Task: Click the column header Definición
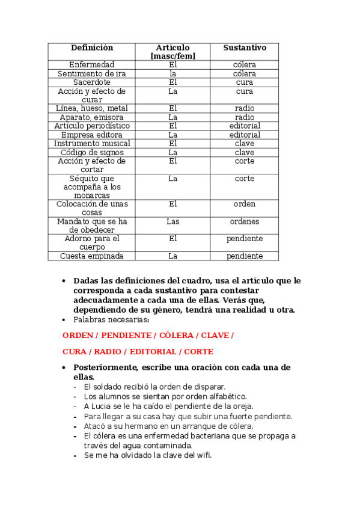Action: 92,48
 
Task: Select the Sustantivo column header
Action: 245,48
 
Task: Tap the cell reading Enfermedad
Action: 92,64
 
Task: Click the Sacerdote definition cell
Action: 92,82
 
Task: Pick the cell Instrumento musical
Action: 92,144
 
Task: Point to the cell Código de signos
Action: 92,153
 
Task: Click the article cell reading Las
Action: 173,221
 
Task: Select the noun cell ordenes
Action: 245,221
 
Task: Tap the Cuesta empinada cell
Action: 92,256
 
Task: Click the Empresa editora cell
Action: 92,135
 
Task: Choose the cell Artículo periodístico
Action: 92,126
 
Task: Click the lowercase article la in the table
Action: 173,73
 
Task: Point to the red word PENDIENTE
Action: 126,335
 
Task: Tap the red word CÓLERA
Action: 176,335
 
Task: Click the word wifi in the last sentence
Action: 204,455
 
